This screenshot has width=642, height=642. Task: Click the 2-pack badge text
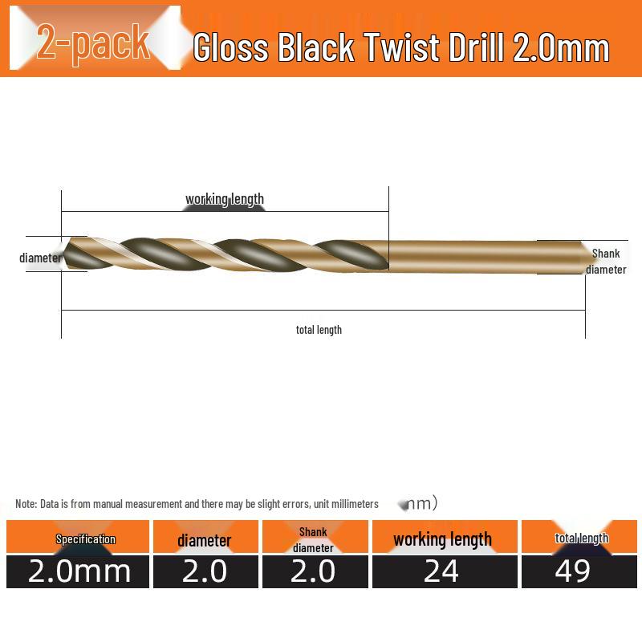pos(93,43)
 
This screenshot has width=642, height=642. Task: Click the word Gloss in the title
pos(230,47)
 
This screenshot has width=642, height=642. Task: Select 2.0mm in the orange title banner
pos(561,47)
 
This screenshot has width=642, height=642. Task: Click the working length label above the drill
pos(225,199)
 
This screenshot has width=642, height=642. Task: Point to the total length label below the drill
pos(319,330)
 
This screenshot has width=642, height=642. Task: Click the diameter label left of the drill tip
pos(40,258)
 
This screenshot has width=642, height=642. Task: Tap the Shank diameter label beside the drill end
pos(606,262)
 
